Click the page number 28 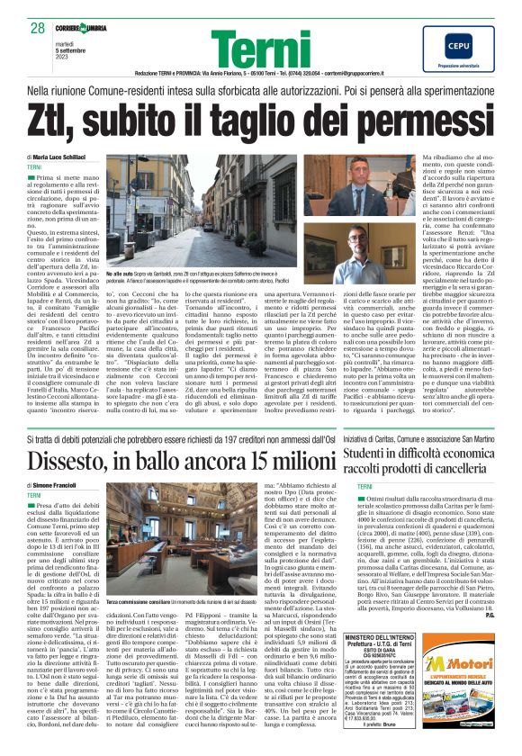click(x=37, y=27)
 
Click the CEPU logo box click(x=459, y=50)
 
